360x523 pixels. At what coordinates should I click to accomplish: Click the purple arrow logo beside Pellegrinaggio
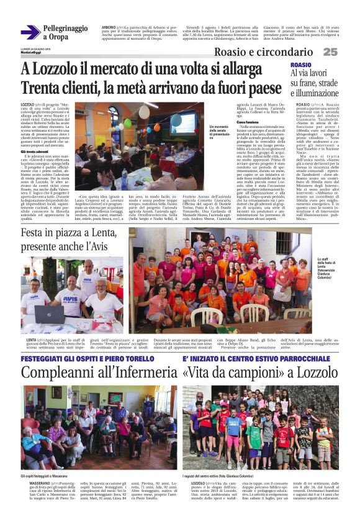[x=30, y=32]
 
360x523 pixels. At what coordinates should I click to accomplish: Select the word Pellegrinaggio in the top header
[x=66, y=29]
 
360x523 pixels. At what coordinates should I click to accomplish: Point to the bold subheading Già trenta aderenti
[x=37, y=151]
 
